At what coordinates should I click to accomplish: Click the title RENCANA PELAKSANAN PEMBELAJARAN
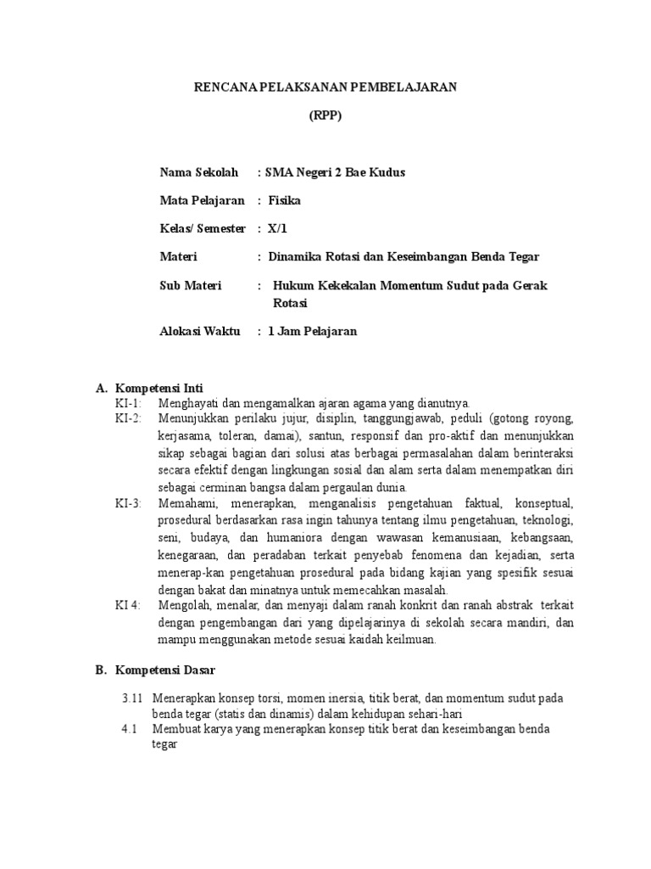[325, 88]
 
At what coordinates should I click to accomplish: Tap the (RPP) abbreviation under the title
[325, 116]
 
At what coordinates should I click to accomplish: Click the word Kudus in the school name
[386, 172]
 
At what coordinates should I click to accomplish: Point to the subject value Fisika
[284, 200]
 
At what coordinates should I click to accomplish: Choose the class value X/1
[278, 228]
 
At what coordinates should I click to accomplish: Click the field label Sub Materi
[191, 285]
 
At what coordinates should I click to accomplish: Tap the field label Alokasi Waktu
[200, 331]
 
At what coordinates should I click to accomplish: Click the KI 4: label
[129, 604]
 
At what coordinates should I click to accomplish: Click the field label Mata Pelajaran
[202, 200]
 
